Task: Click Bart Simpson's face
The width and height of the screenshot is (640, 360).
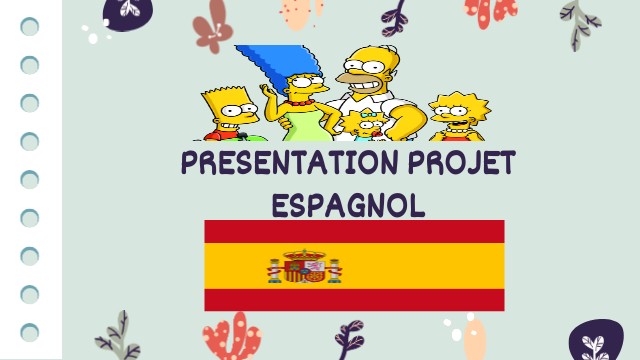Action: pyautogui.click(x=228, y=112)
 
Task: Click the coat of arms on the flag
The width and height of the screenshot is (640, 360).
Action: pyautogui.click(x=305, y=267)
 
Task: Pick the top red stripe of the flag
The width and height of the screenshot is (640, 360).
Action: pyautogui.click(x=354, y=232)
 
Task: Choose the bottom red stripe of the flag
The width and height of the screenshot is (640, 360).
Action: pyautogui.click(x=354, y=300)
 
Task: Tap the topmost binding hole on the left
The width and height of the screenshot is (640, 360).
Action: pyautogui.click(x=30, y=27)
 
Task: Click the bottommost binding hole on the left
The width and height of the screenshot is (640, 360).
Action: pyautogui.click(x=30, y=331)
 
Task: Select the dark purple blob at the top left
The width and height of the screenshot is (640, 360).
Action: pyautogui.click(x=126, y=11)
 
